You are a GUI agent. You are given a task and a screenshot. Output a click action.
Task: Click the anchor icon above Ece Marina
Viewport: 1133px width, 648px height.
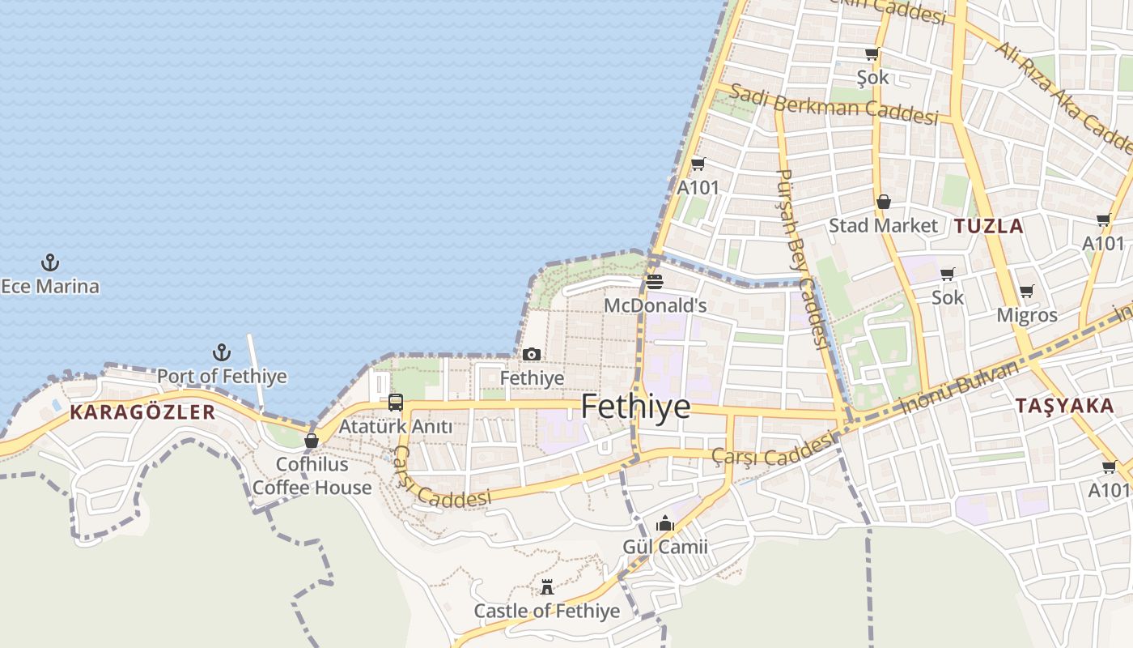(x=50, y=262)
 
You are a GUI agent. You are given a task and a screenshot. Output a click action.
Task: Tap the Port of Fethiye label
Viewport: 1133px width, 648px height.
(x=222, y=377)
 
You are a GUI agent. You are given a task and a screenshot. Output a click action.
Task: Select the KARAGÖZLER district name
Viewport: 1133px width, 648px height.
(x=142, y=412)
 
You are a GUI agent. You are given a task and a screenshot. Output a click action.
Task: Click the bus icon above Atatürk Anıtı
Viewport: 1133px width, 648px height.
(x=396, y=402)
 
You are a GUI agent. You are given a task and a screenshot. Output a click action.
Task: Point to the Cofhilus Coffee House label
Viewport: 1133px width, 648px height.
(x=312, y=476)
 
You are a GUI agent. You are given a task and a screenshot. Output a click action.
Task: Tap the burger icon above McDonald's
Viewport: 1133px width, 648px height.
(x=655, y=282)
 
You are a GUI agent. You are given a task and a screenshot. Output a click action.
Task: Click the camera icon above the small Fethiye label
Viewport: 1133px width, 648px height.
(x=532, y=354)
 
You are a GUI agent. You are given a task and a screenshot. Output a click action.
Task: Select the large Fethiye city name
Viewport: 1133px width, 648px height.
(x=636, y=407)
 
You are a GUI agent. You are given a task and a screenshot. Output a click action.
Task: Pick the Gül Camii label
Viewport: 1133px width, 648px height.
(x=665, y=547)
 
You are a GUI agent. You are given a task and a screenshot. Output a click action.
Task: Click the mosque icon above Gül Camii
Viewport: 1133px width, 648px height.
(x=665, y=524)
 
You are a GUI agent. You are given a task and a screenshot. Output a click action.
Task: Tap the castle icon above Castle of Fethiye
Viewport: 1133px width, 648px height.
(x=547, y=587)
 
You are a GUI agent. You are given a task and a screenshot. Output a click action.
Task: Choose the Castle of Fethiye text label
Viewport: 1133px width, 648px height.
(x=547, y=611)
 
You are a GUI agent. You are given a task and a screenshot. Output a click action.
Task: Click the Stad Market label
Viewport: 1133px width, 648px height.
(x=883, y=226)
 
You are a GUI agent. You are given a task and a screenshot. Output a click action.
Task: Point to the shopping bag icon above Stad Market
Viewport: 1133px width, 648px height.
(x=884, y=202)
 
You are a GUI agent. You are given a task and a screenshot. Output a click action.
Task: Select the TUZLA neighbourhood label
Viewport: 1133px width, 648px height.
(x=989, y=226)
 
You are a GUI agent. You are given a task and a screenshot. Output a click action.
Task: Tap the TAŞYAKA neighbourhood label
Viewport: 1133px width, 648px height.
(x=1064, y=406)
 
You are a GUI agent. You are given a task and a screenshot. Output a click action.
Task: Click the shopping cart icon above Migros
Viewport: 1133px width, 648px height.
(x=1027, y=291)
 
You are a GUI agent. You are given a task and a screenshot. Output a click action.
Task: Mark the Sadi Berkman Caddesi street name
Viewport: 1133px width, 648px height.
(x=834, y=104)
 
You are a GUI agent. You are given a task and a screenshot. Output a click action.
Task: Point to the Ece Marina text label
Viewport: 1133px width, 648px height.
(x=50, y=286)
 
